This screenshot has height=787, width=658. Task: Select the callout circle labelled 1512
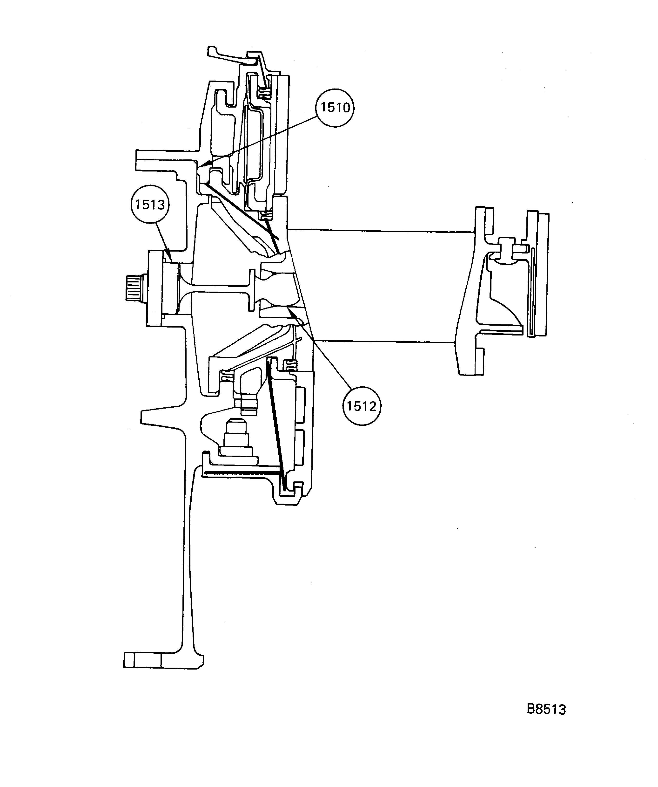point(361,406)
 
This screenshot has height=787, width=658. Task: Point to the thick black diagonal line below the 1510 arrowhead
point(240,210)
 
